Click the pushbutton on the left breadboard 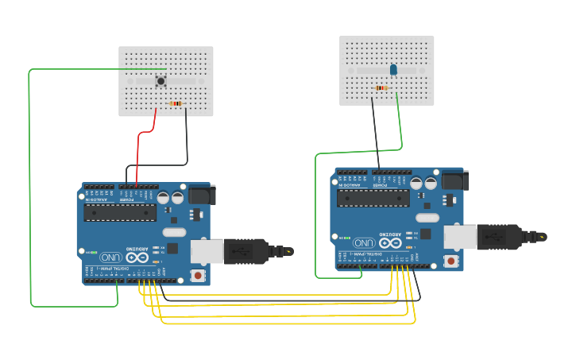(x=161, y=81)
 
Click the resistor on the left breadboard (x=176, y=103)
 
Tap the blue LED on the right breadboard (x=393, y=71)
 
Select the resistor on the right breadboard (x=382, y=87)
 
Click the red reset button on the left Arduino (x=197, y=275)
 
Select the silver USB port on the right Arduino (x=459, y=236)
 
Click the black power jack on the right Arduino (x=454, y=180)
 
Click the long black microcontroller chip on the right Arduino (x=373, y=197)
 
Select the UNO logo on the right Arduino (x=363, y=242)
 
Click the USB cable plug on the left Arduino (x=246, y=250)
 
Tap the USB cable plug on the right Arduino (x=501, y=236)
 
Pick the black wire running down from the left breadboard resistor (x=187, y=135)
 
